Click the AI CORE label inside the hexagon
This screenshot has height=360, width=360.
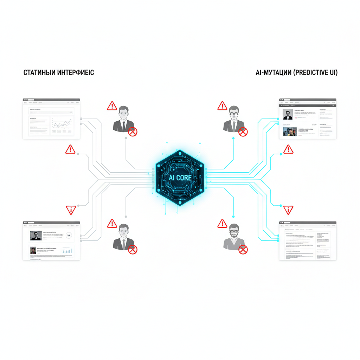point(180,178)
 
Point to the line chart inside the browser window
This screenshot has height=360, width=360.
point(62,124)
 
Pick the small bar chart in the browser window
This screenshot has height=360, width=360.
point(67,250)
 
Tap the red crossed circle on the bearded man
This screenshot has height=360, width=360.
point(243,250)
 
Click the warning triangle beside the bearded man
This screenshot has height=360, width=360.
point(222,223)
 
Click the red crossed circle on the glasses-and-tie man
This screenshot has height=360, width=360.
point(243,132)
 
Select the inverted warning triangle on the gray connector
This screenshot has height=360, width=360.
point(71,210)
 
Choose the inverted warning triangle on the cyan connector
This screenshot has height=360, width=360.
point(288,210)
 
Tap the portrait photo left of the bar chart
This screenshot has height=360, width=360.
point(33,250)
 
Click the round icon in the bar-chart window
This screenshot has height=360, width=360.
point(69,236)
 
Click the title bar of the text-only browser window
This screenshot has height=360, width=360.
point(308,223)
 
